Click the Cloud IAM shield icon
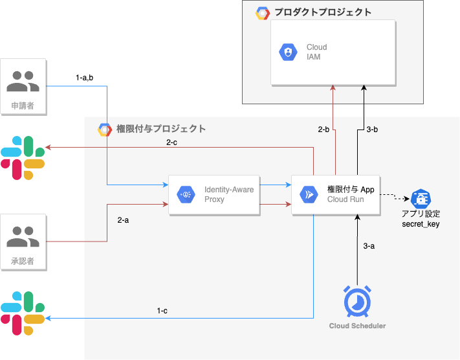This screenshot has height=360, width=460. click(x=287, y=52)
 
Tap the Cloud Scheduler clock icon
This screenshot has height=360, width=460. click(x=356, y=300)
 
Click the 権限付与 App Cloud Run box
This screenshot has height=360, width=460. click(x=334, y=194)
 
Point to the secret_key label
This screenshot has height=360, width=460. click(x=421, y=223)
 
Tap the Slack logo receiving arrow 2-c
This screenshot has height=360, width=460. click(x=23, y=158)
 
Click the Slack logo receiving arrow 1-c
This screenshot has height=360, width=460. click(x=23, y=313)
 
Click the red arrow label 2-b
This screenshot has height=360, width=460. click(x=324, y=130)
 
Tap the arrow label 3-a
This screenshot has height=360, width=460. click(x=369, y=246)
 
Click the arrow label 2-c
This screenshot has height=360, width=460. click(x=172, y=142)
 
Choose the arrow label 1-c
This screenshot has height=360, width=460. click(x=162, y=311)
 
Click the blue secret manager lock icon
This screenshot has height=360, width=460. click(x=421, y=198)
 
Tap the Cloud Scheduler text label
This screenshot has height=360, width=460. click(x=357, y=326)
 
